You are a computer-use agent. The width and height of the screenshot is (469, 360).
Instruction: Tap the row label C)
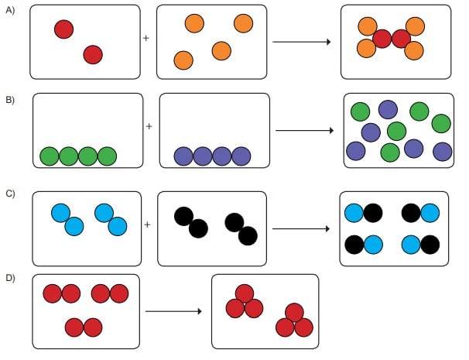point(10,194)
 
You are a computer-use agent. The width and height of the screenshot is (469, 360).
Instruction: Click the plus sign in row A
point(145,36)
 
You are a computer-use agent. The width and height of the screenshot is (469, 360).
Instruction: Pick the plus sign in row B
point(149,126)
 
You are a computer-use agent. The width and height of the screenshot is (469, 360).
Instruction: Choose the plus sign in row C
point(146,225)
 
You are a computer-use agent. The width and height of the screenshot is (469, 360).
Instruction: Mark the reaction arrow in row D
point(174,311)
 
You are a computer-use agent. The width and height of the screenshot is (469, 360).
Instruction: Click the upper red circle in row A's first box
point(63,29)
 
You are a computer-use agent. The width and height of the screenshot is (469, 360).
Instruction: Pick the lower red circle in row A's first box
point(93,54)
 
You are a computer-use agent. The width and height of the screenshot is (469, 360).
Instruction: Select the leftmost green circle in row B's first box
point(50,156)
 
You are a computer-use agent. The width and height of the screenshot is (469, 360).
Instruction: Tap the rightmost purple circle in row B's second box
point(241,156)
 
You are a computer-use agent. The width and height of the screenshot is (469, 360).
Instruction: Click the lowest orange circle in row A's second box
point(183,60)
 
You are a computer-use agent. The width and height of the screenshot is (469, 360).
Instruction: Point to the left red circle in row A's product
point(382,38)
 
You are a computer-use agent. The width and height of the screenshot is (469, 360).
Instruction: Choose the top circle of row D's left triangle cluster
point(245,293)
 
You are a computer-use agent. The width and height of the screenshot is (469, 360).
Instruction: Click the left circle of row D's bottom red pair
point(74,327)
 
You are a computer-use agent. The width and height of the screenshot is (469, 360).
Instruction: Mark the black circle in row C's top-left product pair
point(372,212)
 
